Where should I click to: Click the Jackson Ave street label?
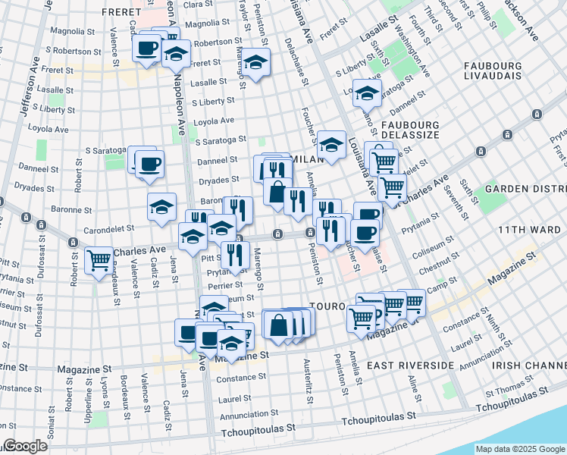pyautogui.click(x=523, y=23)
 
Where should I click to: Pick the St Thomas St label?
pyautogui.click(x=509, y=393)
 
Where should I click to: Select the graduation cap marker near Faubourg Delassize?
pyautogui.click(x=368, y=95)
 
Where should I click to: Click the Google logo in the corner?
pyautogui.click(x=24, y=446)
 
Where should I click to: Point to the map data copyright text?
pyautogui.click(x=520, y=449)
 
